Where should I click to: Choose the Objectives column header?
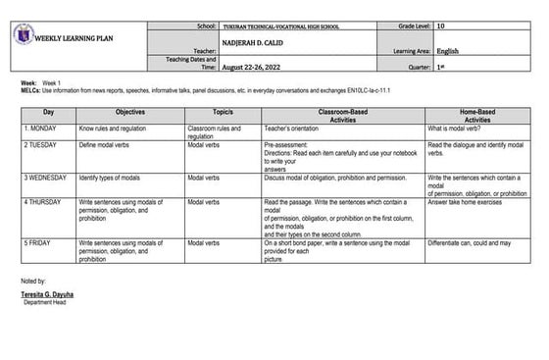click(130, 114)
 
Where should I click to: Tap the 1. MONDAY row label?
click(43, 129)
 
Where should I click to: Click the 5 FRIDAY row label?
click(40, 241)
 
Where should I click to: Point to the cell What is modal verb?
click(458, 129)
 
